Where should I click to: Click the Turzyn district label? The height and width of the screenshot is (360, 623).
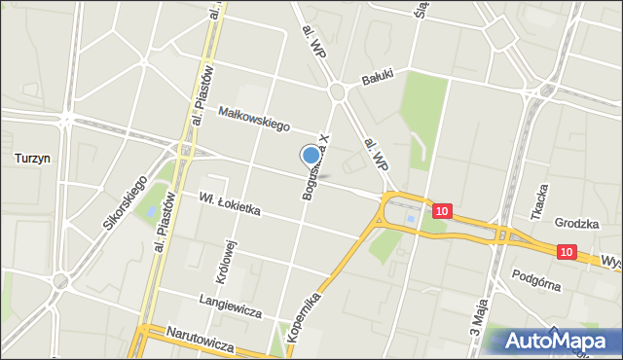32,157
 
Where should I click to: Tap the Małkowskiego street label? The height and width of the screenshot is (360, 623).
255,119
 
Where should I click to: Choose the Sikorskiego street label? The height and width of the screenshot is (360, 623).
125,202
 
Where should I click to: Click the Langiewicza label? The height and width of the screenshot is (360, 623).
231,305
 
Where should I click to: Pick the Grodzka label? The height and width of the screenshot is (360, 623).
575,223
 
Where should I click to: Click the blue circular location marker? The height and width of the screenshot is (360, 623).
311,155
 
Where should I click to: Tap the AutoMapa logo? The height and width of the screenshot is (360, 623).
556,342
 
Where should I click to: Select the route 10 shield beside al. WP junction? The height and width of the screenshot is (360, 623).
443,210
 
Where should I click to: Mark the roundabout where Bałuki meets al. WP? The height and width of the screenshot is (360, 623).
339,90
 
